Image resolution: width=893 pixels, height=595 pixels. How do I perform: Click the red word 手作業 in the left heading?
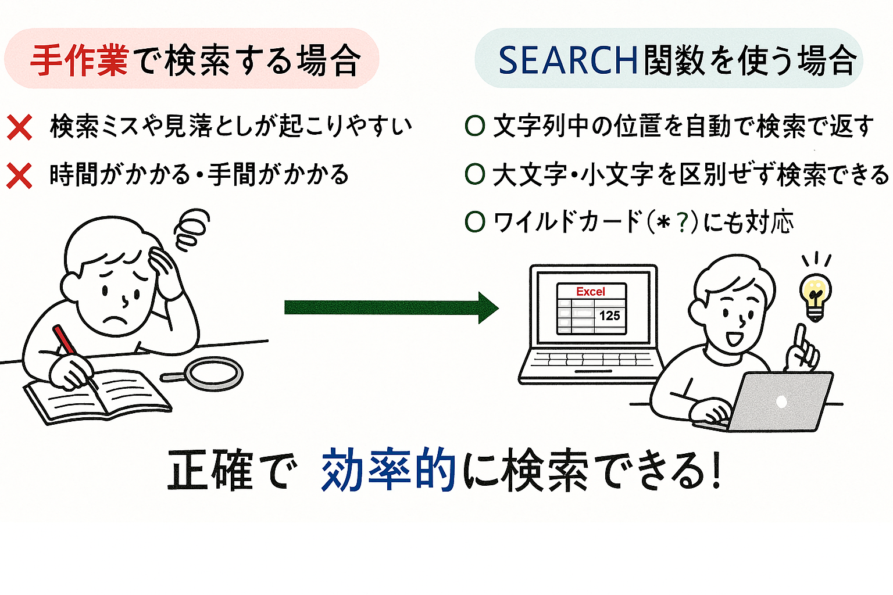[x=79, y=60]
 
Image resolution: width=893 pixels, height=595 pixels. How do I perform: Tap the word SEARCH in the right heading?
[x=569, y=60]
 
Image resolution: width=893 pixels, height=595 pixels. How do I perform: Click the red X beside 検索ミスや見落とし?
[x=19, y=127]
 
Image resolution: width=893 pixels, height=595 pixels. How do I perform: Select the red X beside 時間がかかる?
[x=19, y=175]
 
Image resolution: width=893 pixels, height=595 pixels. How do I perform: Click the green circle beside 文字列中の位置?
[x=475, y=126]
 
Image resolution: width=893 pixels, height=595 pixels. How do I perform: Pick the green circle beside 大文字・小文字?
[x=475, y=174]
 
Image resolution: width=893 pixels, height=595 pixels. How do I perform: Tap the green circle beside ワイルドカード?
[x=475, y=221]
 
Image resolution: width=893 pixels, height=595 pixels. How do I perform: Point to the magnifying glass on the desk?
[x=212, y=373]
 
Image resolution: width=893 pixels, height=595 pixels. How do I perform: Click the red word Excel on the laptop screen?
[x=591, y=292]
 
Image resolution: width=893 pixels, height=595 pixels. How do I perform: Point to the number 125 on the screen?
[x=609, y=316]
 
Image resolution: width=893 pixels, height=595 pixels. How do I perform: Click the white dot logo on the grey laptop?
[x=781, y=401]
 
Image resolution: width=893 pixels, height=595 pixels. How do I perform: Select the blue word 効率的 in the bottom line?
[x=388, y=470]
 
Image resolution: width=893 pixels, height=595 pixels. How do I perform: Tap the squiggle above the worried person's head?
[x=191, y=229]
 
